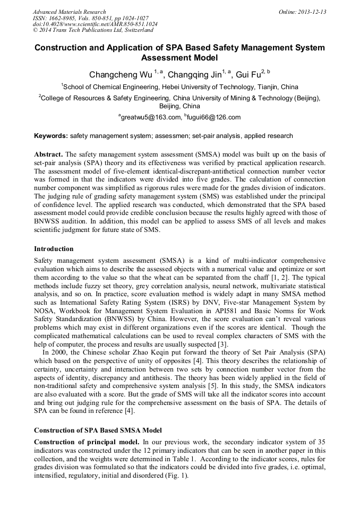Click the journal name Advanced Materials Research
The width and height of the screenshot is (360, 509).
coord(69,12)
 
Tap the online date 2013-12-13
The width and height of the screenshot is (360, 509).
coord(312,12)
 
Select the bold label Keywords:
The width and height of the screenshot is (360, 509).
coord(50,136)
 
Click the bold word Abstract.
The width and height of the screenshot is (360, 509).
coord(49,154)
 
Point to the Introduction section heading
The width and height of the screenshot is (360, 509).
coord(54,248)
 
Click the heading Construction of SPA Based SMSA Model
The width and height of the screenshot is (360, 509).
coord(98,429)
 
